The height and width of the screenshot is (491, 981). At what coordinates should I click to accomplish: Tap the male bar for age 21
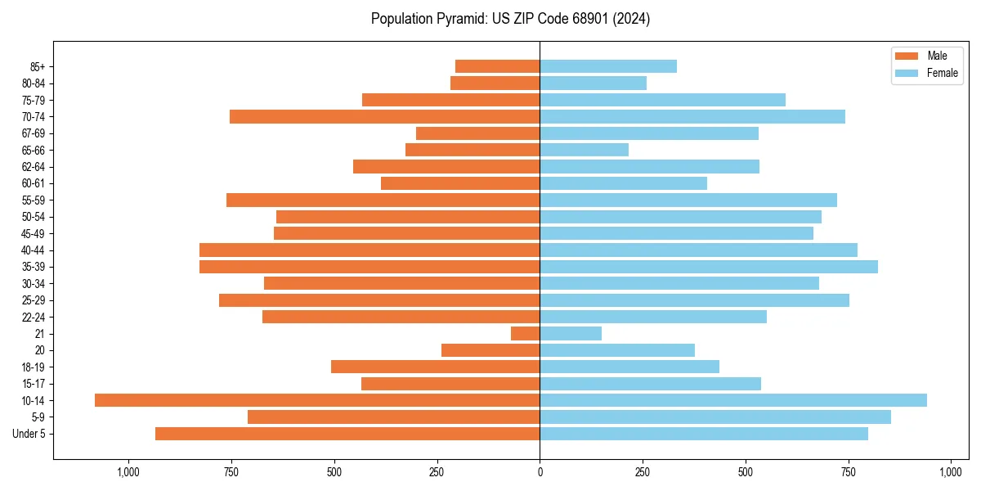coord(526,334)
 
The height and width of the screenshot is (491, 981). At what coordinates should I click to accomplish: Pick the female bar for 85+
coord(608,66)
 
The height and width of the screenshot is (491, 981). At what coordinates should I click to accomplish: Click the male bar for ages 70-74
coord(384,117)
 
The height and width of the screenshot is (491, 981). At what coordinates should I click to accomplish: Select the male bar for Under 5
coord(347,434)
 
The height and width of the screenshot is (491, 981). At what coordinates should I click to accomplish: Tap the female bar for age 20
coord(617,350)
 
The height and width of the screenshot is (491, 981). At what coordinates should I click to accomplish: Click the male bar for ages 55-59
coord(383,200)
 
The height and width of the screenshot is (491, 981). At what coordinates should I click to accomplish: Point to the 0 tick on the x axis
coord(540,473)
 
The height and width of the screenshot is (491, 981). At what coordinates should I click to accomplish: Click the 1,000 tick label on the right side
coord(951,473)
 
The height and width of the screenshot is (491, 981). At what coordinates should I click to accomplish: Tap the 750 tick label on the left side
coord(231,473)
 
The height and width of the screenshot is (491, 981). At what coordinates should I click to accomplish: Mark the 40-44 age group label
coord(34,250)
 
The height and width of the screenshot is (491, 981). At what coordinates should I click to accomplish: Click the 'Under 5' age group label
coord(29,434)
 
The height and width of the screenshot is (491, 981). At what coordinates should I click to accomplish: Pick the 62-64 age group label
coord(34,167)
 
